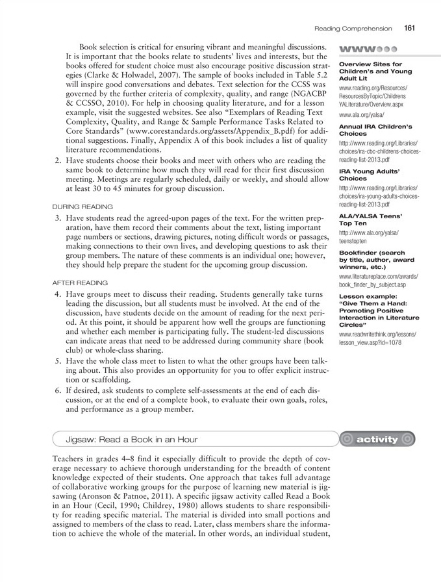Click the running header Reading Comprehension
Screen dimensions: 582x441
pyautogui.click(x=353, y=29)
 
